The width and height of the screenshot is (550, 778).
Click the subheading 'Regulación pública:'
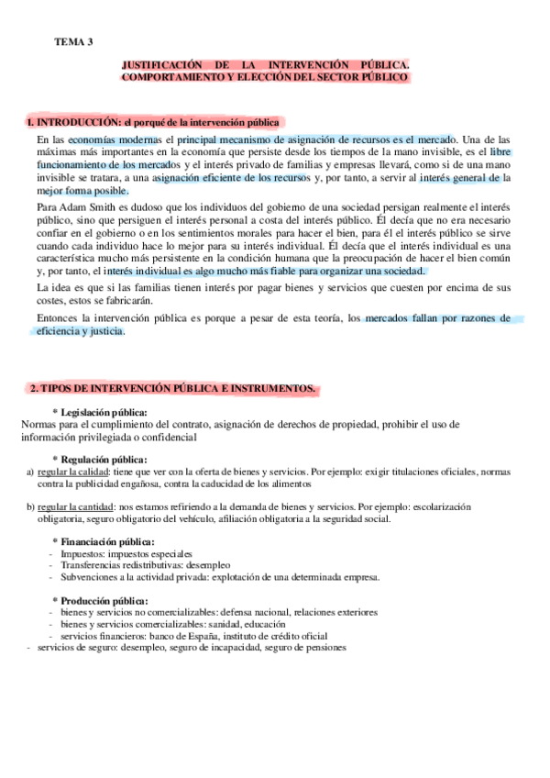click(x=104, y=459)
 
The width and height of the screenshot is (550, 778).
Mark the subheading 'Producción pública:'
click(x=106, y=600)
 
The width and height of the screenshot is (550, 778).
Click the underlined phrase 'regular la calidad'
click(x=72, y=472)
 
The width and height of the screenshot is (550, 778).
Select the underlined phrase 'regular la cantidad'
click(x=75, y=507)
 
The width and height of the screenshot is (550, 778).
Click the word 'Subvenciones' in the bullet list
click(x=89, y=577)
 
